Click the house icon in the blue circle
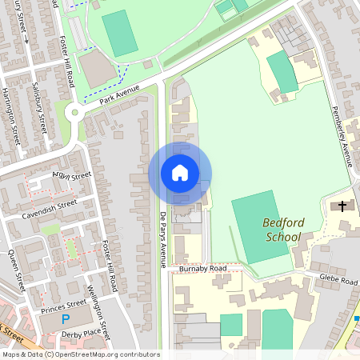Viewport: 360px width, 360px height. pos(180,173)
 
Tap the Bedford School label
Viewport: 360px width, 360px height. pos(282,230)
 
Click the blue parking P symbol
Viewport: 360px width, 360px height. pos(66,319)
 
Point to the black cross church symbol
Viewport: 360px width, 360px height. pos(342,206)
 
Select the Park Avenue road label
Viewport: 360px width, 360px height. pos(120,95)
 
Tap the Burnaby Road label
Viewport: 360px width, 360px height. pos(203,269)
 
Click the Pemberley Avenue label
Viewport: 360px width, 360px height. pos(342,136)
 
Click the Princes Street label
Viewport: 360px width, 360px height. pos(64,304)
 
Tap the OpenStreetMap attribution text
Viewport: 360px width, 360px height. pos(80,354)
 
